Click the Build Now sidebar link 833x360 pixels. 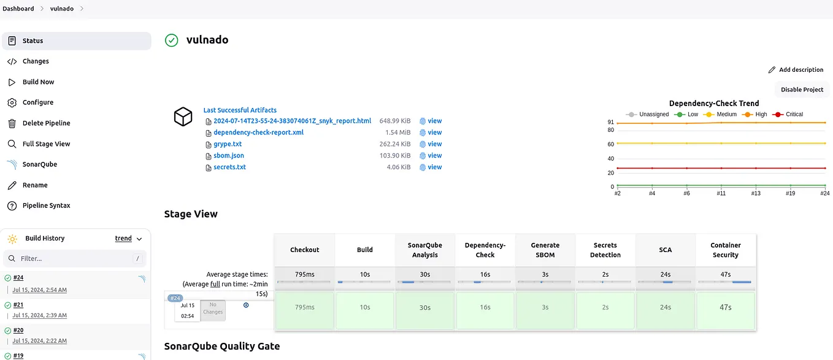[x=38, y=82]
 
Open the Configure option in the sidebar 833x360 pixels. [x=37, y=102]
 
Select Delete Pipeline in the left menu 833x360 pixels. [x=46, y=123]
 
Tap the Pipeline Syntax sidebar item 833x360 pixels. [x=46, y=205]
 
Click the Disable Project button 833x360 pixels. [x=802, y=90]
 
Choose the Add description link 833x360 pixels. [x=796, y=70]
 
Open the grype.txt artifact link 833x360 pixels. [x=228, y=144]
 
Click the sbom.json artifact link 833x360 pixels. [x=228, y=156]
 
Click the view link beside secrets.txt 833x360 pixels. [x=434, y=167]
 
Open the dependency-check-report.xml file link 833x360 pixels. [x=258, y=132]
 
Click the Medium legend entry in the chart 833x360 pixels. [x=726, y=114]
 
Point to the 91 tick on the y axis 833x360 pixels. [x=611, y=122]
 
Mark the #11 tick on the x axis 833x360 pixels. [x=721, y=193]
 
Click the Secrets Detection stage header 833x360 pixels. [x=605, y=250]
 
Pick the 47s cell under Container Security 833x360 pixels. [x=725, y=307]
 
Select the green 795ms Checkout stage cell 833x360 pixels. [x=304, y=307]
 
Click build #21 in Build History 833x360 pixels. [x=18, y=305]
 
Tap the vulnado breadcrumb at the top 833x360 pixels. [x=62, y=9]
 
